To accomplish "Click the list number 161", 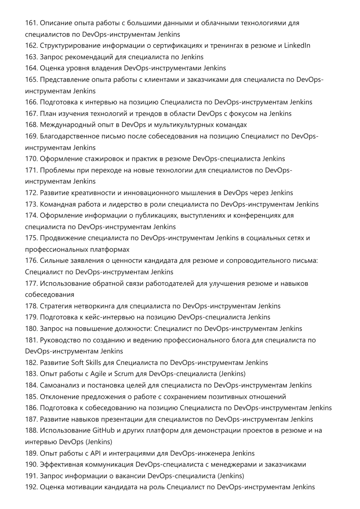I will [31, 23].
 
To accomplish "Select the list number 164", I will [31, 68].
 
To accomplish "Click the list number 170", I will [31, 159].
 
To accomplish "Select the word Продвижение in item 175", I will [63, 238].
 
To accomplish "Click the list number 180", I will [31, 329].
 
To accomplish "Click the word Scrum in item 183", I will [124, 374].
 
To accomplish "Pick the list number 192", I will [31, 487].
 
